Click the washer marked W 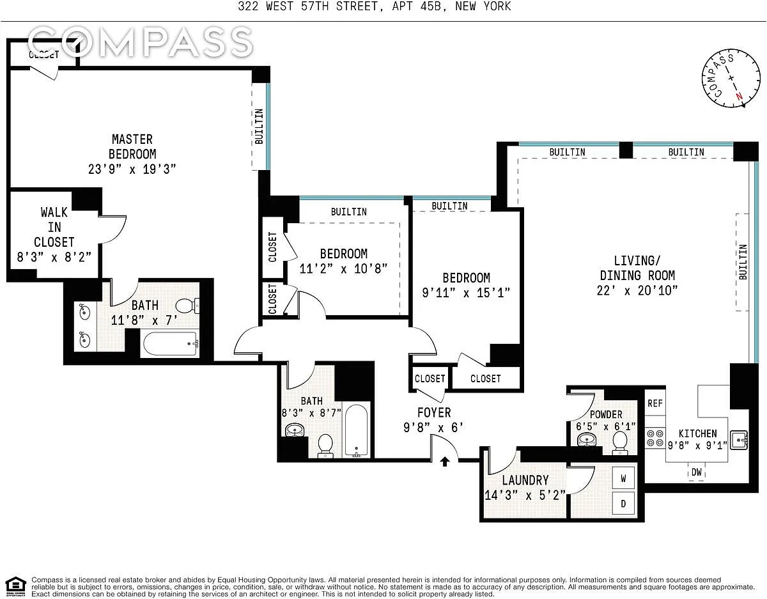623,478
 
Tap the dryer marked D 623,503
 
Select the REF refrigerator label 655,403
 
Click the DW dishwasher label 697,472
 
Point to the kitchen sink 739,440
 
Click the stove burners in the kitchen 655,438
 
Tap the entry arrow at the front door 445,462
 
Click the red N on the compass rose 739,96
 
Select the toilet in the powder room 620,444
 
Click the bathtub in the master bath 170,344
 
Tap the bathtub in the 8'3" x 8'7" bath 356,431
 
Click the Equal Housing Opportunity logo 16,586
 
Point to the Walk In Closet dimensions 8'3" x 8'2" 54,258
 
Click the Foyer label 434,412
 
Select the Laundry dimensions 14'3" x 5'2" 525,495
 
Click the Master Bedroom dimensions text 132,169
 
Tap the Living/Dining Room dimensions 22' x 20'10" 637,290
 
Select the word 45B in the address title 431,6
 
